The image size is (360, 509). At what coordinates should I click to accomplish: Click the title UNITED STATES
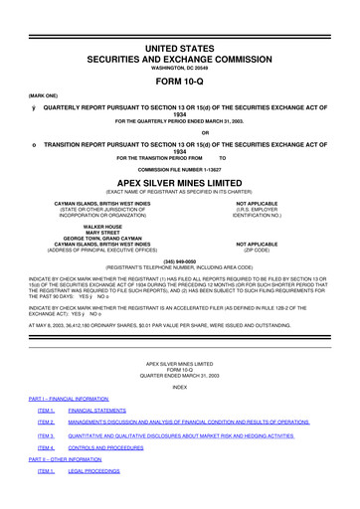click(x=180, y=47)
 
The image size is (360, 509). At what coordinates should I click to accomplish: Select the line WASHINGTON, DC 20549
click(x=180, y=68)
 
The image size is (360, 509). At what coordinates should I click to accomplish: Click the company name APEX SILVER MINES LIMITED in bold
click(x=180, y=183)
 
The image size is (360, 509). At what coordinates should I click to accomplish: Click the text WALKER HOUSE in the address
click(x=89, y=227)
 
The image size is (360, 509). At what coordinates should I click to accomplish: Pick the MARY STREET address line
click(x=89, y=233)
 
